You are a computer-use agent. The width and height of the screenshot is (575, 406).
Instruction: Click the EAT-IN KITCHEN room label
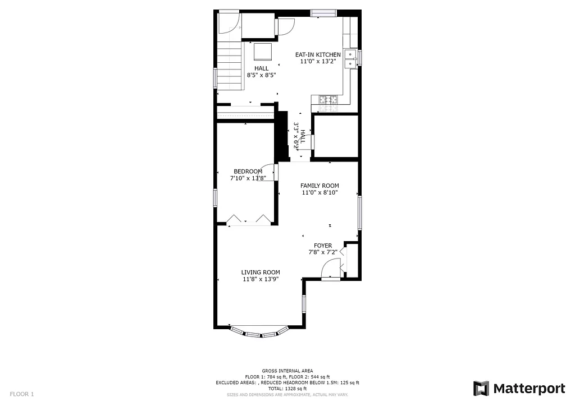point(318,54)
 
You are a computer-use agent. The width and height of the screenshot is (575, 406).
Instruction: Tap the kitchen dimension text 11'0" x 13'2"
point(318,62)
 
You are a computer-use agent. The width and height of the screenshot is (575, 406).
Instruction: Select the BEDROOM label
point(248,171)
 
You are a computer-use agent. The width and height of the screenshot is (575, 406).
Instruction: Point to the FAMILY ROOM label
point(320,186)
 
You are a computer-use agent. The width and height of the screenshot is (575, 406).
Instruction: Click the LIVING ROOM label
point(261,272)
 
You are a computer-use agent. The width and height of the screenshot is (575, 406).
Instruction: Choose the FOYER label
point(323,246)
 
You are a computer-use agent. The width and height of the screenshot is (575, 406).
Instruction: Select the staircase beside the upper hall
point(229,67)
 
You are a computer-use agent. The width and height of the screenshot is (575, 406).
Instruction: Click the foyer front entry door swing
point(331,270)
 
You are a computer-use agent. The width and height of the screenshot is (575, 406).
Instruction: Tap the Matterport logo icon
point(481,388)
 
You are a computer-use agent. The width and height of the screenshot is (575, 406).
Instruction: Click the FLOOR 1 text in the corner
point(22,394)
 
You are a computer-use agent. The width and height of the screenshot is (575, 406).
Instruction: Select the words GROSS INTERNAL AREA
point(287,371)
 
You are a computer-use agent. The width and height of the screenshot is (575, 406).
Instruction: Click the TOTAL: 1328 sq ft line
point(287,389)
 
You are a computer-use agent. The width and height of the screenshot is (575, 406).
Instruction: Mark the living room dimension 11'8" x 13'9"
point(261,279)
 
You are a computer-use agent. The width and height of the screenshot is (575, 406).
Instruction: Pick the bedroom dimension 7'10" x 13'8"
point(248,178)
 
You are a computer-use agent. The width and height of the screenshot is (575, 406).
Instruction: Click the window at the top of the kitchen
point(323,13)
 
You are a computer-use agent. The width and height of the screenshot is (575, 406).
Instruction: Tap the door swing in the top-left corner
point(229,22)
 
